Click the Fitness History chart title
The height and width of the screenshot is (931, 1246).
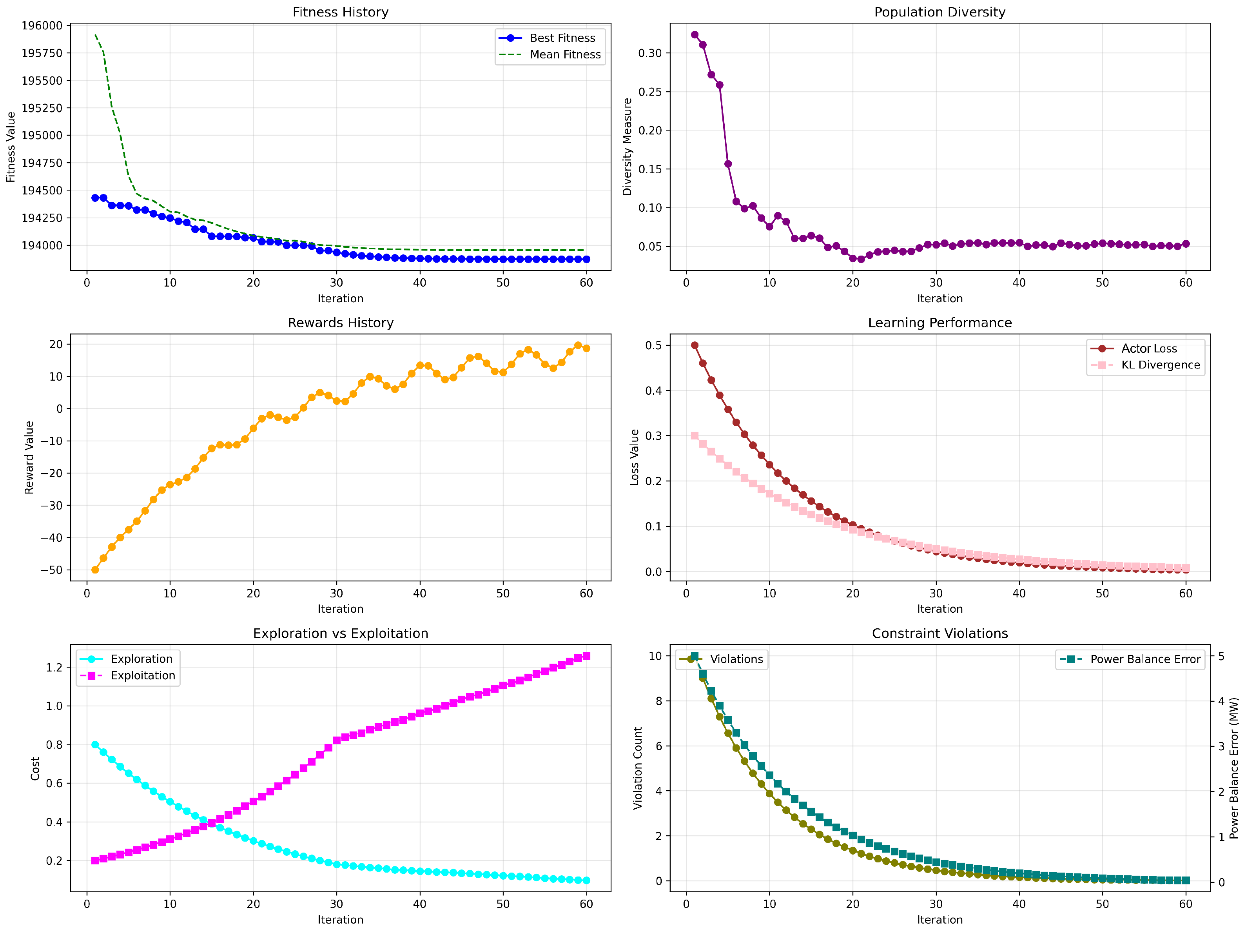340,12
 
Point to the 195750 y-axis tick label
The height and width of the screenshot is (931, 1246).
42,53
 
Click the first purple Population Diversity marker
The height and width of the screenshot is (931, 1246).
695,35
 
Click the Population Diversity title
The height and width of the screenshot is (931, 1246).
939,12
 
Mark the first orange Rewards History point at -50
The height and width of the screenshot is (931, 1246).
95,570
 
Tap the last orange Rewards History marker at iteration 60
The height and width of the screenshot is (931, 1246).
586,348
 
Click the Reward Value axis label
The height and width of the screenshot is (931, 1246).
29,457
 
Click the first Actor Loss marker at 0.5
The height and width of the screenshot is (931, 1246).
695,345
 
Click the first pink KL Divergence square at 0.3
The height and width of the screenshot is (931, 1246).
695,436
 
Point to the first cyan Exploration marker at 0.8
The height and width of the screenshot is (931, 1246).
95,744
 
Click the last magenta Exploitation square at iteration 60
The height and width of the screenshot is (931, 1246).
586,655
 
